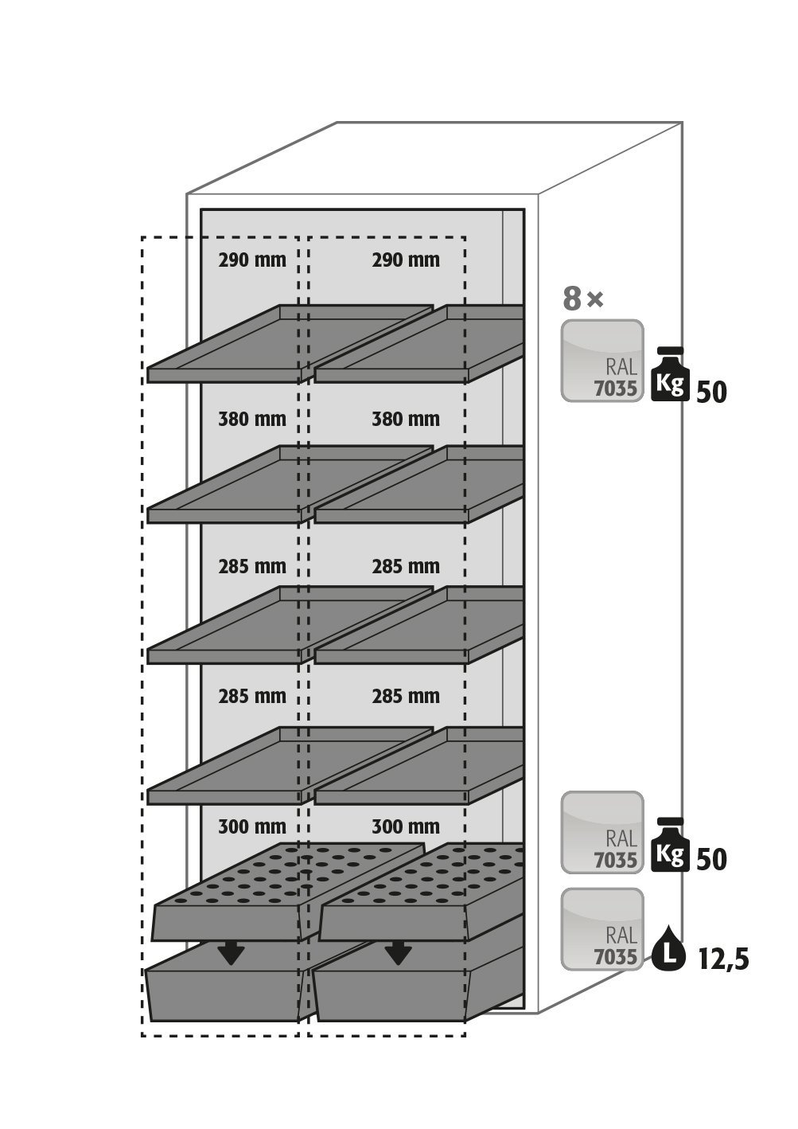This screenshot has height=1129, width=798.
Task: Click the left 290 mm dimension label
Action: point(252,260)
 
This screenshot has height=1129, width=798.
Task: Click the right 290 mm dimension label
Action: point(406,260)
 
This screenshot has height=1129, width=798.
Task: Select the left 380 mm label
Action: point(252,419)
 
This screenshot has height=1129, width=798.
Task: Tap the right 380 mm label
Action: point(406,419)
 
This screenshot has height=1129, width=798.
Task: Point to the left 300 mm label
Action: point(252,826)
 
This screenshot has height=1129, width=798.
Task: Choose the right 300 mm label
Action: point(406,826)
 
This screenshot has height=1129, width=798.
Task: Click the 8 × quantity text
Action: point(583,298)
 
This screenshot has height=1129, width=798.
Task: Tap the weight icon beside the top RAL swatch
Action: point(670,374)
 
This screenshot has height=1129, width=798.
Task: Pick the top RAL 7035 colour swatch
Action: point(602,361)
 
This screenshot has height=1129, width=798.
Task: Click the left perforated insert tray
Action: point(287,891)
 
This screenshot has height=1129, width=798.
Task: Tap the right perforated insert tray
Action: point(421,892)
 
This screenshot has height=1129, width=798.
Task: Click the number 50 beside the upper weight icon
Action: point(711,392)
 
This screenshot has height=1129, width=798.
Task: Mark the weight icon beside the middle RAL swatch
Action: point(670,845)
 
